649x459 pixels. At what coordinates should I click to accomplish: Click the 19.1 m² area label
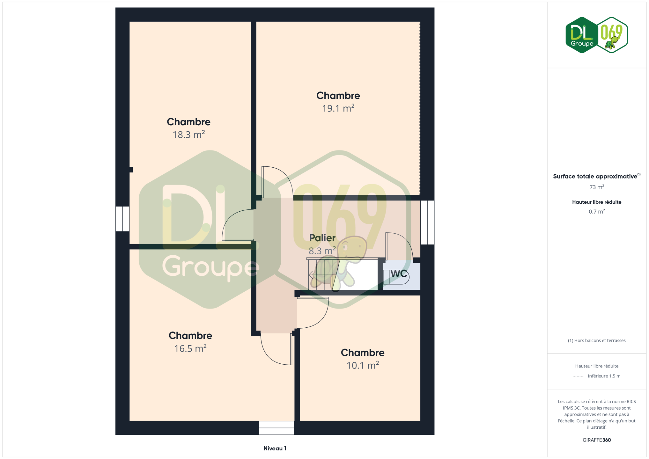click(338, 108)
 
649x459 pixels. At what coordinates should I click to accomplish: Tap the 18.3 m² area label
click(188, 135)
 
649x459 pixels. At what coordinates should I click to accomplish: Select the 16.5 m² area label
click(190, 348)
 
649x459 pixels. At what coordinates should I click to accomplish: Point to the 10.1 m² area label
click(363, 365)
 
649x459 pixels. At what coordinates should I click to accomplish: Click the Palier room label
click(322, 238)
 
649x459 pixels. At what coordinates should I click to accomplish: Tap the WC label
click(399, 273)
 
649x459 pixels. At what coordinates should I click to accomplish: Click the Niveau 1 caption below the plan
click(275, 448)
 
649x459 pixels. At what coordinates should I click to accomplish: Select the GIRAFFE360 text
click(596, 440)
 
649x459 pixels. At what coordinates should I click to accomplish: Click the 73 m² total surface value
click(597, 187)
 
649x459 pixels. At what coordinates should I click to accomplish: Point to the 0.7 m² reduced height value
click(597, 212)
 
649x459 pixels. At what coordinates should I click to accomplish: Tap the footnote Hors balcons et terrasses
click(597, 340)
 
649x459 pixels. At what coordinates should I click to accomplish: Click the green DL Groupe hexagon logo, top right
click(582, 35)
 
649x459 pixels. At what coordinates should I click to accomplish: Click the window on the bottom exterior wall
click(276, 428)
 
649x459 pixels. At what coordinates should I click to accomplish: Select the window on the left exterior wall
click(122, 219)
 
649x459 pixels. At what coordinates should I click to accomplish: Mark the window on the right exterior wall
click(427, 222)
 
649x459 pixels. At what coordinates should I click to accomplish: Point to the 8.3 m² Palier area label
click(322, 251)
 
